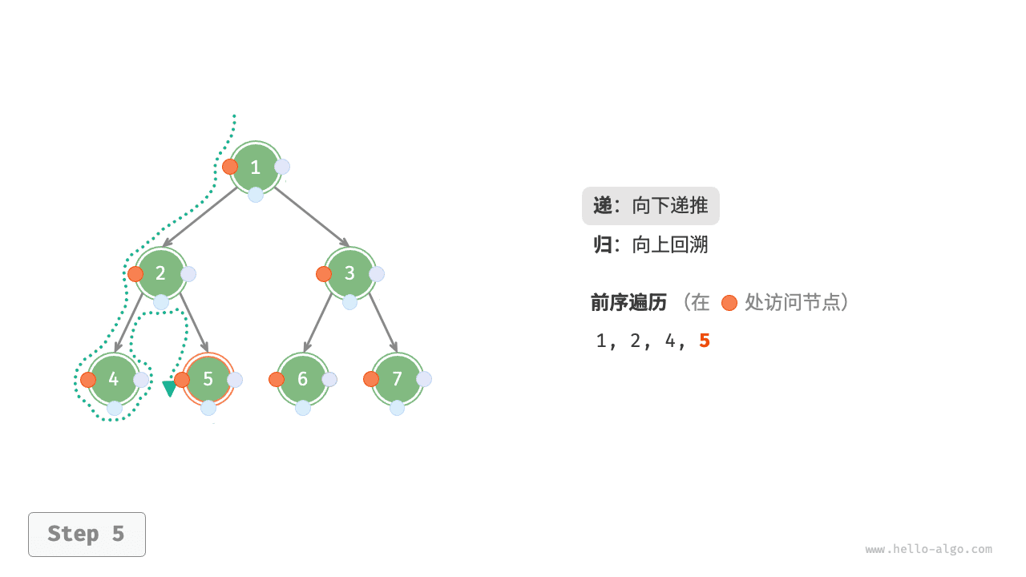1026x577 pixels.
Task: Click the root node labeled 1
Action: (256, 167)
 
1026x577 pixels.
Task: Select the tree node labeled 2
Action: (161, 273)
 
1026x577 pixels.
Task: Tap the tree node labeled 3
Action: (350, 273)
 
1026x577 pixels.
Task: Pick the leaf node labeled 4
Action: (114, 379)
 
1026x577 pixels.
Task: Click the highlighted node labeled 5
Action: (208, 379)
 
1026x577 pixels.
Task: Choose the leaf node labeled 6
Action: (303, 379)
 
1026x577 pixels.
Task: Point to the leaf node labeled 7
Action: (398, 379)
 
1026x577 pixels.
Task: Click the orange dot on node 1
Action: (230, 167)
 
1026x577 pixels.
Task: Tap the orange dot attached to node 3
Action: (324, 274)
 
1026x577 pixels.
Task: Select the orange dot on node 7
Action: (371, 379)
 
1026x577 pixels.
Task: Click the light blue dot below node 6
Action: (303, 408)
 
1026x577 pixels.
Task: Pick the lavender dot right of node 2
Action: (188, 274)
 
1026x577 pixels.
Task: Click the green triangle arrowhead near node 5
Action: (169, 389)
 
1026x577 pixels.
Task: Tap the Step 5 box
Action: (87, 534)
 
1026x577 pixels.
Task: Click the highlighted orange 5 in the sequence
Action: (705, 341)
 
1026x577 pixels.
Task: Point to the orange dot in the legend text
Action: (729, 303)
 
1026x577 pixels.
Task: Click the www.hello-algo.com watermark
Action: (928, 549)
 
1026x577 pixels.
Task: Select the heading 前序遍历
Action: (629, 302)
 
